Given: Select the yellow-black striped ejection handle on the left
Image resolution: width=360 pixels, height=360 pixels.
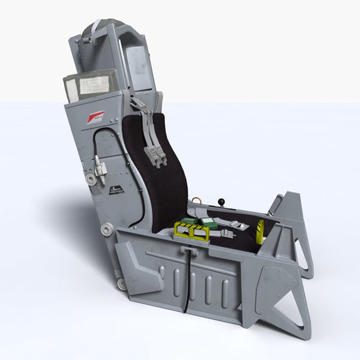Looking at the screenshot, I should [x=191, y=230].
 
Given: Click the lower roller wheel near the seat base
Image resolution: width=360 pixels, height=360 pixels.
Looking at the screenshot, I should [x=122, y=283].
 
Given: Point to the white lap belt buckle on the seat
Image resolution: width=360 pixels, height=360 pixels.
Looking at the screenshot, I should [x=239, y=226].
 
